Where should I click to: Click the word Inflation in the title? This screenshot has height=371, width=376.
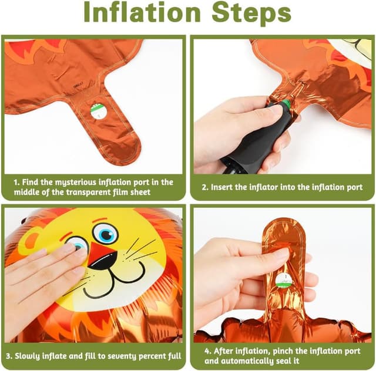point(142,13)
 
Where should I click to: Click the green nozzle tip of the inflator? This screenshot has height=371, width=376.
point(286,104)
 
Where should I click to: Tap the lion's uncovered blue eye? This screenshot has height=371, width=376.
point(106,233)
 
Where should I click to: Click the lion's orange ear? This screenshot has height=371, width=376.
point(30,239)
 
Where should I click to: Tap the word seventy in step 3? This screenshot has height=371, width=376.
point(122,356)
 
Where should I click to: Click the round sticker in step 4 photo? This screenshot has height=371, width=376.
point(284,281)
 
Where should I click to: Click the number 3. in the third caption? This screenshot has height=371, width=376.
point(9,356)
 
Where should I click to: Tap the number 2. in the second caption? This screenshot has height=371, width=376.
point(205,187)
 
